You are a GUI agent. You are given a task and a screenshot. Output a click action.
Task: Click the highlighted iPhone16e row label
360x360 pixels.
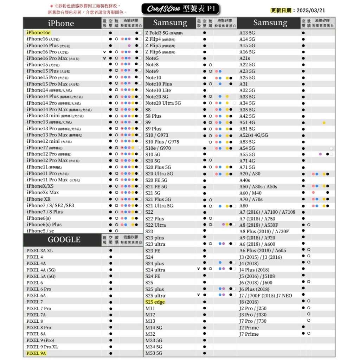click(38, 33)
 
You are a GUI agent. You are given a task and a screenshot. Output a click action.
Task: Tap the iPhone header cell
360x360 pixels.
click(61, 23)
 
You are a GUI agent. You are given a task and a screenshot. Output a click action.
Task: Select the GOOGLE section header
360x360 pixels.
click(64, 240)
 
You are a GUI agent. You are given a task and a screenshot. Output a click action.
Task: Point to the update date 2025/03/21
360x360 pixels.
click(311, 11)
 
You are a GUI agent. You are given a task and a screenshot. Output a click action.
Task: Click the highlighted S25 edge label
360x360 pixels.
click(155, 302)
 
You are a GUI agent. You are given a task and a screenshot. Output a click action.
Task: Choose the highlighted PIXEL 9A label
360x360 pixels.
click(36, 353)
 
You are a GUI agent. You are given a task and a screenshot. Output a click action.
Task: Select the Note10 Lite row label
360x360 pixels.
click(158, 90)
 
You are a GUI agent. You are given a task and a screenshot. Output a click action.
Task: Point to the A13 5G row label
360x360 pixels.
click(247, 33)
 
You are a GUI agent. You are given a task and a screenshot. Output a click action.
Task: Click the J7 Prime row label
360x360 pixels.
click(249, 334)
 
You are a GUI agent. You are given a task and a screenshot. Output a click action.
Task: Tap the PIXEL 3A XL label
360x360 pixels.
click(39, 251)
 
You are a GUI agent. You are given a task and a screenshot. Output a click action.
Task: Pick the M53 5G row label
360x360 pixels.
click(154, 353)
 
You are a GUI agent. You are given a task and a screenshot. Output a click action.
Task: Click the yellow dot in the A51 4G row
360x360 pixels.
click(324, 123)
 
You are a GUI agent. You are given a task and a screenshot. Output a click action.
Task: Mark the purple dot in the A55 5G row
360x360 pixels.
click(320, 154)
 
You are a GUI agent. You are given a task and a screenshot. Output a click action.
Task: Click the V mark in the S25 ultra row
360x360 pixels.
click(199, 295)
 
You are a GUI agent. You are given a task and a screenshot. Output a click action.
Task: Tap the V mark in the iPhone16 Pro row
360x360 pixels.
click(104, 52)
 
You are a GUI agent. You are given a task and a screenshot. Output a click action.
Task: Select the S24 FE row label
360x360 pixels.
click(153, 276)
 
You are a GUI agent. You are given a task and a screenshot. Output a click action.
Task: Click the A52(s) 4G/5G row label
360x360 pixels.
click(253, 135)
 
